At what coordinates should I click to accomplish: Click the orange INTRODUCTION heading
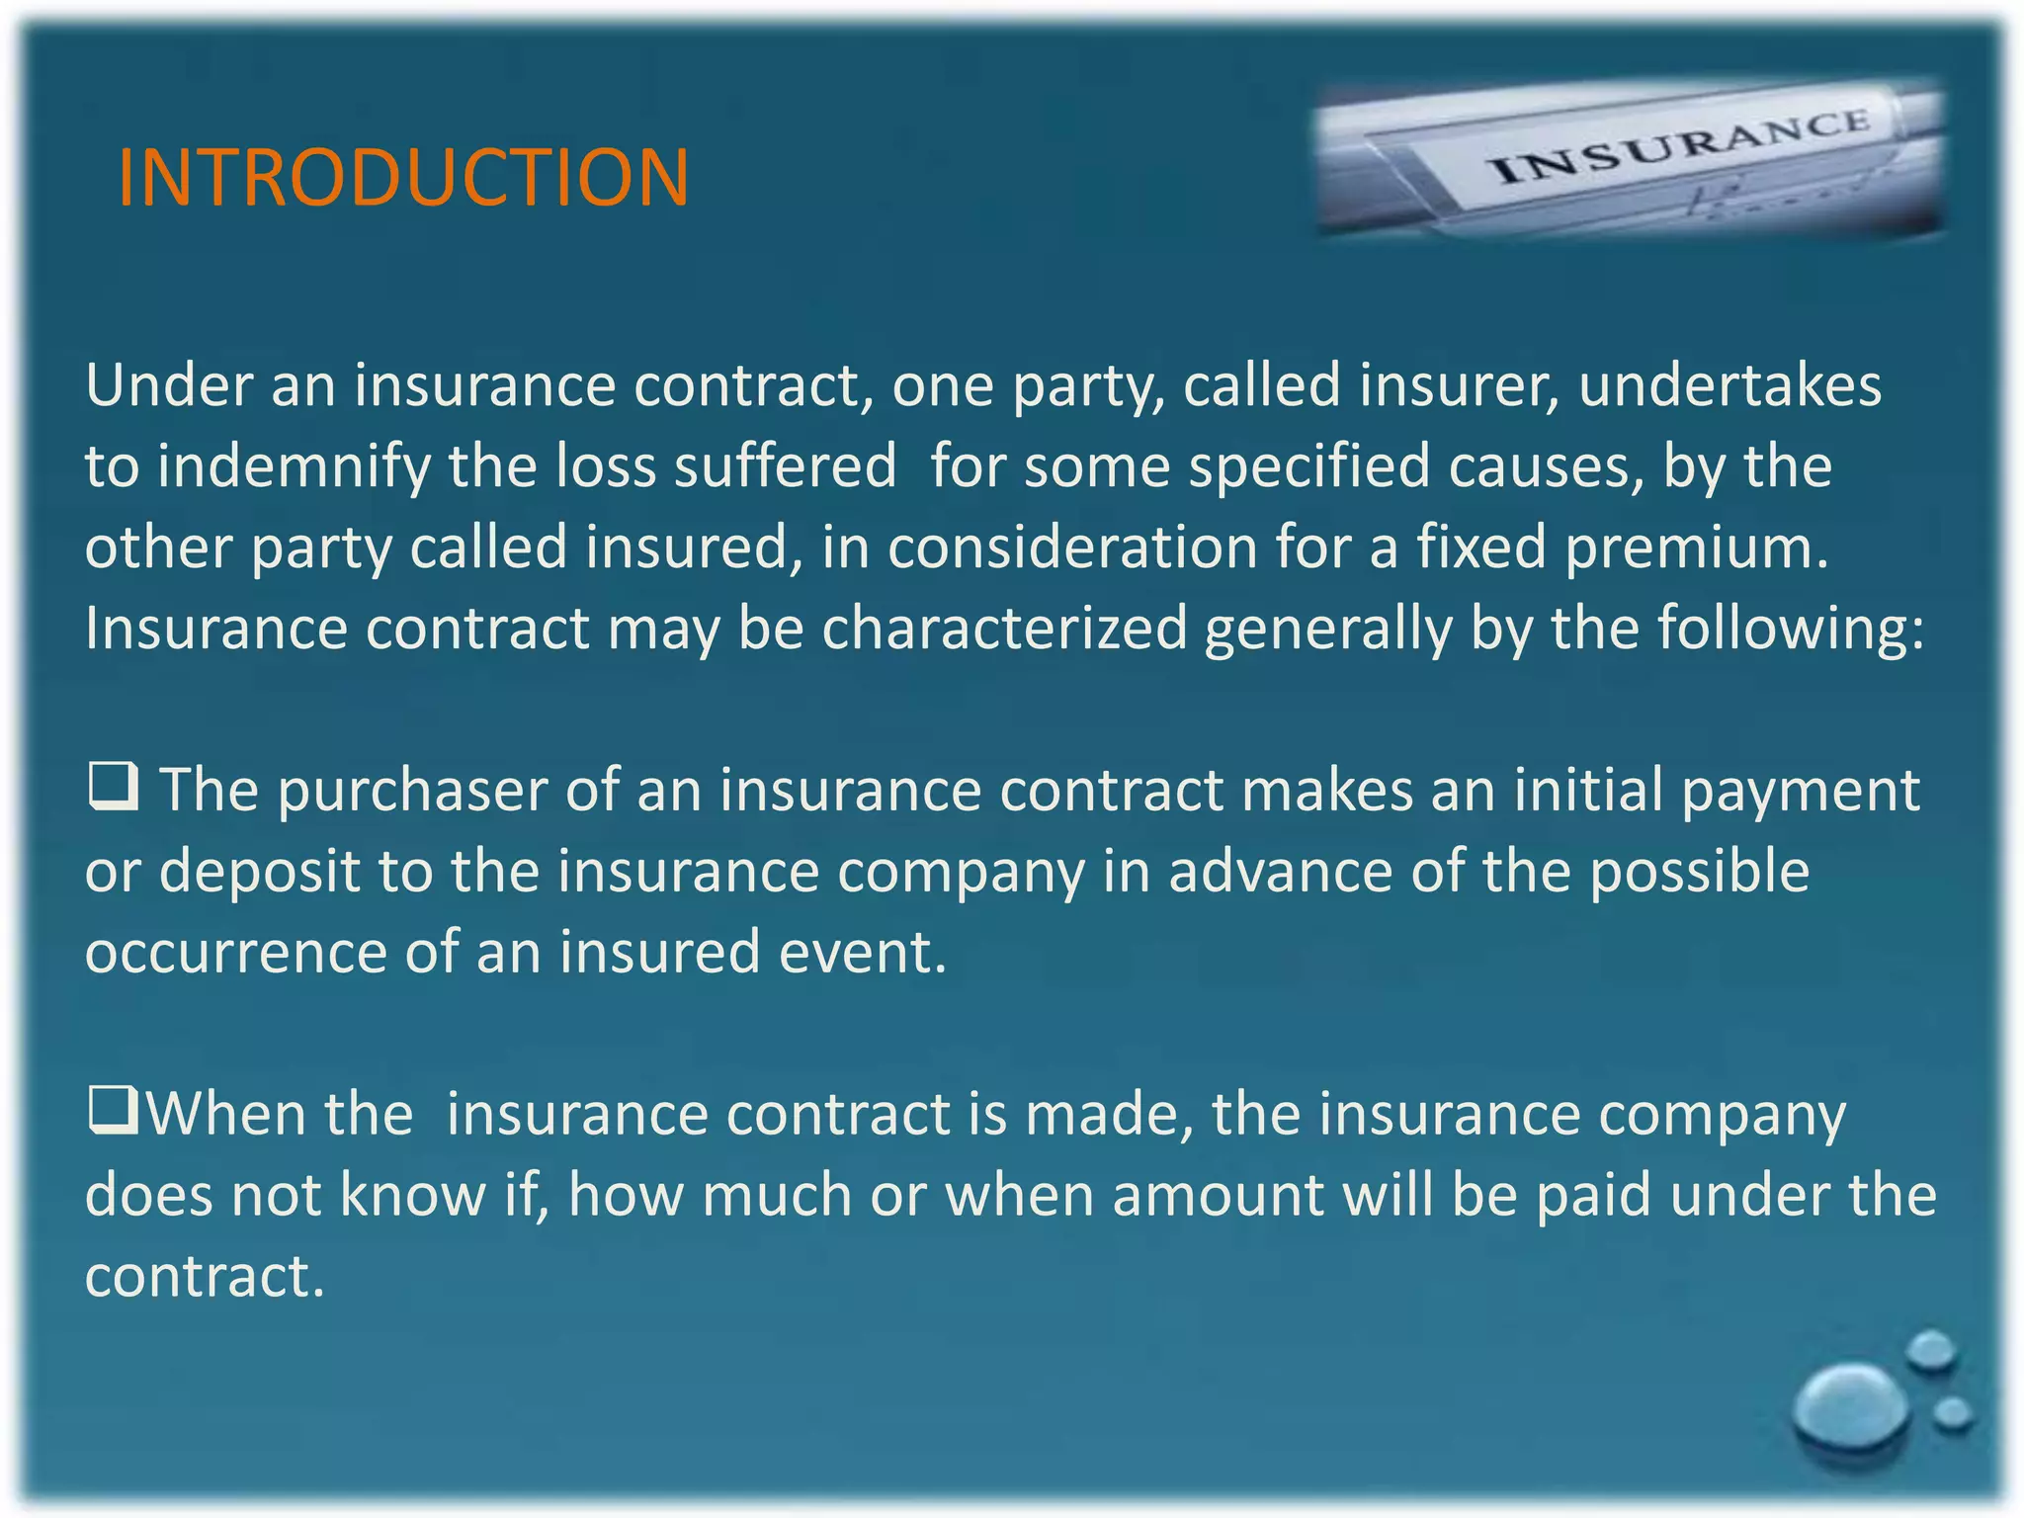click(403, 178)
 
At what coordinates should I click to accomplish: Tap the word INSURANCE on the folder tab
click(1680, 146)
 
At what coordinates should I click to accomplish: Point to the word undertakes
click(1729, 385)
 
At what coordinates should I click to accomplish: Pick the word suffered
click(785, 466)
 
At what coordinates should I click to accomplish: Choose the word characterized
click(1004, 630)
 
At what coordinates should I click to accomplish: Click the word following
click(1790, 630)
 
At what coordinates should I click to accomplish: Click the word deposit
click(259, 873)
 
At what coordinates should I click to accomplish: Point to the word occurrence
click(235, 954)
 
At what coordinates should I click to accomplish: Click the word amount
click(1218, 1197)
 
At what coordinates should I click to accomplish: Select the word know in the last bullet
click(412, 1197)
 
